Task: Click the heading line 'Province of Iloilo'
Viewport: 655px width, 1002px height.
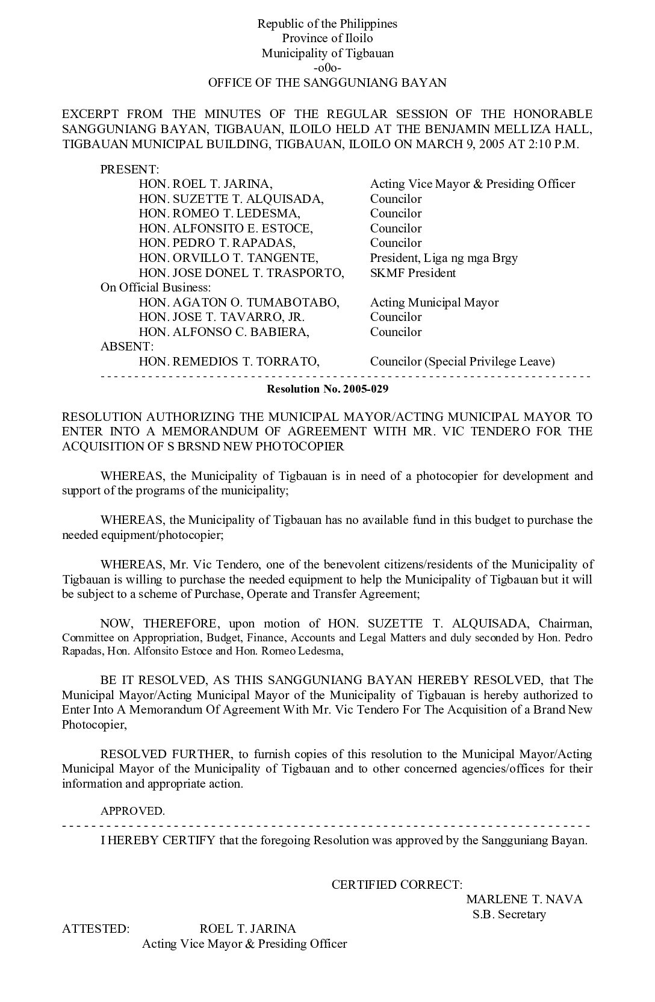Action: pos(327,39)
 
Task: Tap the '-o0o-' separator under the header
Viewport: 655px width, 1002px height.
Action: pos(327,68)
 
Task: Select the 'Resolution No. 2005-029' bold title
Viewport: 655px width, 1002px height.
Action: pos(327,389)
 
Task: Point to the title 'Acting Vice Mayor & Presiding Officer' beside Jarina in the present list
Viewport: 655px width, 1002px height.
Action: pos(473,184)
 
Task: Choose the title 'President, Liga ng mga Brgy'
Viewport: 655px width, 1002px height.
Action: pos(444,258)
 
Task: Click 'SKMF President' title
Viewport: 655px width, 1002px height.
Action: pos(413,273)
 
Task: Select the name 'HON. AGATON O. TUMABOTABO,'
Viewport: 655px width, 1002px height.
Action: pos(239,302)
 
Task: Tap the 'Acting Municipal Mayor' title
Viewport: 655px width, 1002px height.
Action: pos(434,302)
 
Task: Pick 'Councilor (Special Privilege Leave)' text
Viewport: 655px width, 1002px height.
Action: pos(462,362)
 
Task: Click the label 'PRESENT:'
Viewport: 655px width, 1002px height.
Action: pos(129,169)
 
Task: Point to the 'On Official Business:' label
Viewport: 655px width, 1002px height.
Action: pos(155,288)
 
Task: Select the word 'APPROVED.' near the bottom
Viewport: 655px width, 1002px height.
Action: pos(132,811)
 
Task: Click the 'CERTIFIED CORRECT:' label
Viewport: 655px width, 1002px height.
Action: pos(397,885)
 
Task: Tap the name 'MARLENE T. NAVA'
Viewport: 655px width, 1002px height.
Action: pos(524,900)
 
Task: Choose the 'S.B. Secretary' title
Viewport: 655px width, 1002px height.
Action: pos(509,915)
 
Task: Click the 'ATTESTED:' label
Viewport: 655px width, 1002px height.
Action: pos(96,929)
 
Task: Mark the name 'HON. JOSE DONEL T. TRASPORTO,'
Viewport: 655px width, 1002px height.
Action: pos(241,273)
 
